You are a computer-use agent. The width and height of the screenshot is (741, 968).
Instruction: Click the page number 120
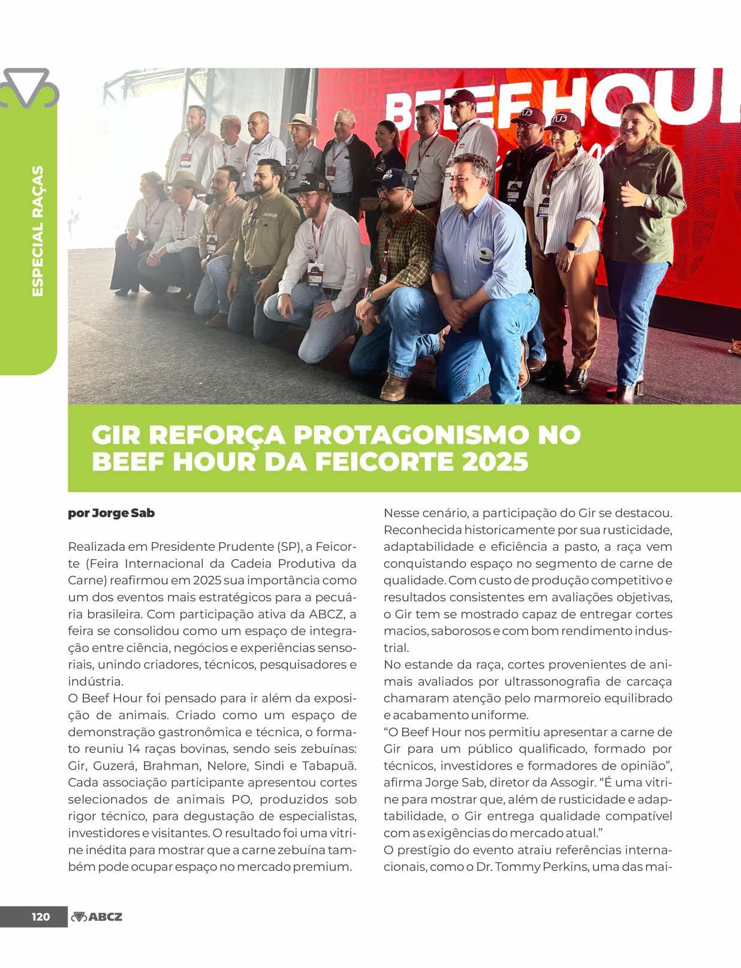click(x=41, y=934)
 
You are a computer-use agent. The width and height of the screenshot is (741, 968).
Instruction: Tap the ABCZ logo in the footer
click(x=97, y=934)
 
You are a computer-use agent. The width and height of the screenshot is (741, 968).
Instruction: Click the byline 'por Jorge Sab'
click(x=112, y=514)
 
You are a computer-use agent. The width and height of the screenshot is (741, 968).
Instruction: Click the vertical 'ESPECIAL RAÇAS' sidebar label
click(x=37, y=230)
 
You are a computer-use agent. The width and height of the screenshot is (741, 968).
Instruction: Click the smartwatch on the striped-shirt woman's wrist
click(x=570, y=246)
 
